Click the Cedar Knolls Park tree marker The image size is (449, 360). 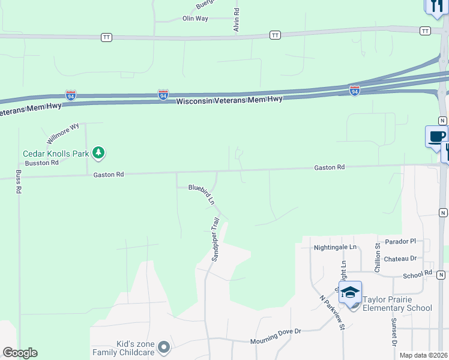click(x=99, y=154)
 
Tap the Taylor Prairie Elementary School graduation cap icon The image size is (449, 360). click(x=350, y=293)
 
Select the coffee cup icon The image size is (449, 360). click(x=436, y=136)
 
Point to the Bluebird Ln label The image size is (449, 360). click(x=202, y=194)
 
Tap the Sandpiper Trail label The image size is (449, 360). click(x=215, y=239)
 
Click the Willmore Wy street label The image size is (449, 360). click(x=63, y=134)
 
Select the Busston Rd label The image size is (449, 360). click(x=42, y=163)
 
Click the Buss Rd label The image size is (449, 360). click(x=19, y=181)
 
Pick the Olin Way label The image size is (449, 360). click(x=195, y=19)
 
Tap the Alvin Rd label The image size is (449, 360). click(x=237, y=20)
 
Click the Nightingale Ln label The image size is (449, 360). click(x=335, y=247)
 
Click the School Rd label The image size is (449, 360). click(x=417, y=273)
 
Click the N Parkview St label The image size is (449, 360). click(x=332, y=312)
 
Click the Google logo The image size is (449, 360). click(x=20, y=353)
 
